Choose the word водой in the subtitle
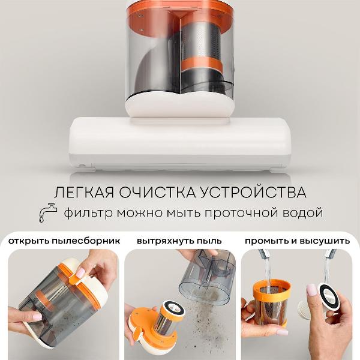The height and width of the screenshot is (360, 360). (302, 213)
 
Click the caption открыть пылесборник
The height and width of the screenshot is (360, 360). (64, 241)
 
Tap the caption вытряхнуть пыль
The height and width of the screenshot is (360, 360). (179, 241)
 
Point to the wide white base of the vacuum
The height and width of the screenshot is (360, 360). (180, 141)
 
